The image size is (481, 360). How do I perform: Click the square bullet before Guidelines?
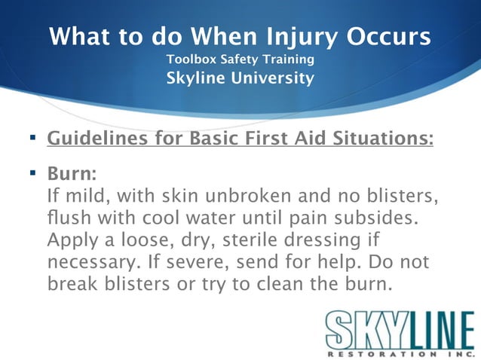click(32, 139)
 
